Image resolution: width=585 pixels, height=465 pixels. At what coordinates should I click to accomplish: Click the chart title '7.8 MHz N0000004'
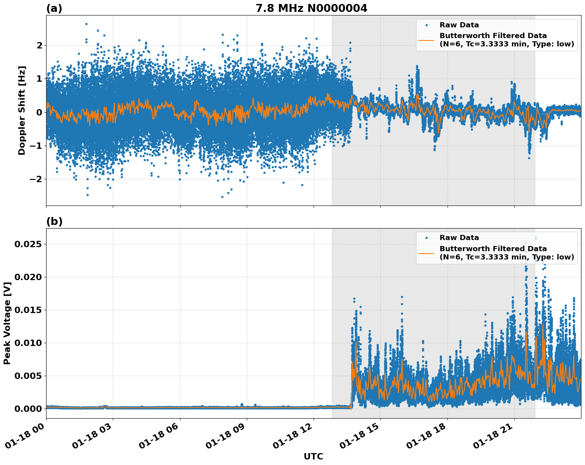click(x=311, y=8)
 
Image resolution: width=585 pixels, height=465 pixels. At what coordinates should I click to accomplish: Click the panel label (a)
click(x=54, y=8)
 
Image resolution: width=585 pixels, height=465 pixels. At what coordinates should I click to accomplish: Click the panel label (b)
click(x=54, y=221)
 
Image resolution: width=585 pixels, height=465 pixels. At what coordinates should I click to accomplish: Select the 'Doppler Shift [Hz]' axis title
click(x=22, y=110)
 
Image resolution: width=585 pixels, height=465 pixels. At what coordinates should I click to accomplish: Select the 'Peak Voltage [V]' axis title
click(x=7, y=323)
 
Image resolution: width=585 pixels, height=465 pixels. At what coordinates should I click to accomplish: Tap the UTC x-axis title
click(x=313, y=456)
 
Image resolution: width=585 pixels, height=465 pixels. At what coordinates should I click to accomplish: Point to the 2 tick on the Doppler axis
click(x=39, y=46)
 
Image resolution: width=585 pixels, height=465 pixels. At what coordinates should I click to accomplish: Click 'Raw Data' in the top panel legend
click(x=459, y=25)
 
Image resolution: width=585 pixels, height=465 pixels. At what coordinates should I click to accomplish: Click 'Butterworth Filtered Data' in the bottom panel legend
click(x=493, y=249)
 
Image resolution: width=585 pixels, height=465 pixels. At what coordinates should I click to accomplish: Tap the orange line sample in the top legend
click(x=426, y=40)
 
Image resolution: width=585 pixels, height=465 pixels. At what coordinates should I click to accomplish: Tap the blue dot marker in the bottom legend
click(x=426, y=238)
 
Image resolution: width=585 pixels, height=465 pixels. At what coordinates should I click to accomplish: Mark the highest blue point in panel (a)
click(x=86, y=24)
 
